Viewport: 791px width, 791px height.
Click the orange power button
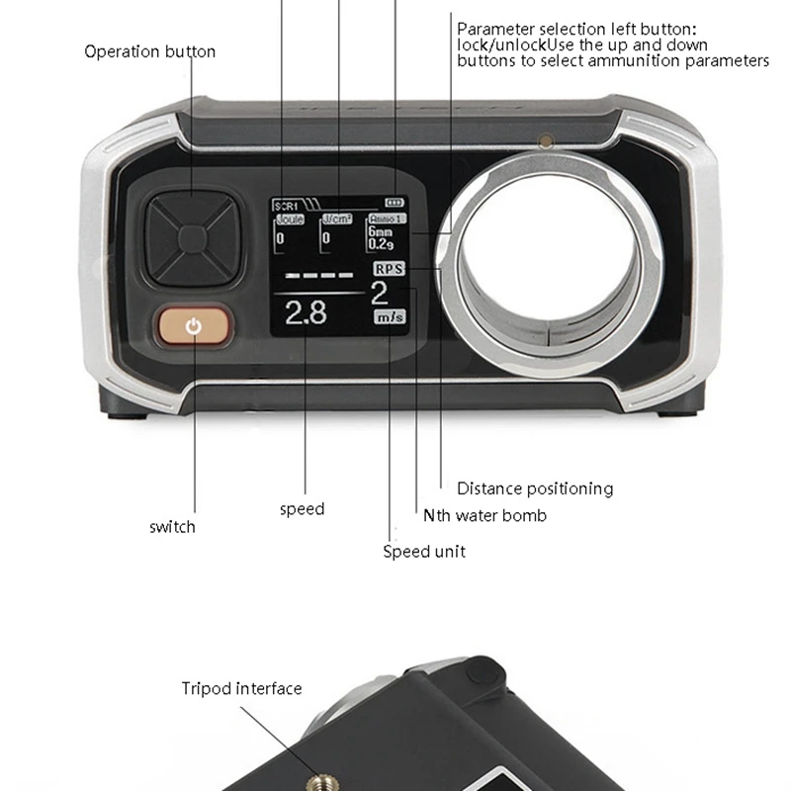tap(194, 326)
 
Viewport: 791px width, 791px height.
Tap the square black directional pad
tap(192, 237)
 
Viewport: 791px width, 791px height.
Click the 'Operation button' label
tap(149, 51)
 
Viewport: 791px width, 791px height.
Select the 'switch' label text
tap(172, 527)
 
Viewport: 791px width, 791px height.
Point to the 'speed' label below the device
tap(302, 509)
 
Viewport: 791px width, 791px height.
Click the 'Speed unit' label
tap(424, 551)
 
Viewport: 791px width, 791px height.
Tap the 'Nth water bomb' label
tap(484, 515)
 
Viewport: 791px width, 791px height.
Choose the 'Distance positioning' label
tap(534, 488)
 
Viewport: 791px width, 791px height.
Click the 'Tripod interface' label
tap(241, 688)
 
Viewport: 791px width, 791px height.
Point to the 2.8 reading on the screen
tap(306, 313)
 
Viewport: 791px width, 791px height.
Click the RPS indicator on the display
tap(389, 268)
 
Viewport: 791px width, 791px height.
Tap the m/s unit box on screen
tap(388, 317)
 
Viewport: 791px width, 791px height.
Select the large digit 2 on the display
tap(380, 293)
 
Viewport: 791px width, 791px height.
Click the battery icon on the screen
tap(395, 201)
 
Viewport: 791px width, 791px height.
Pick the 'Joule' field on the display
tap(290, 220)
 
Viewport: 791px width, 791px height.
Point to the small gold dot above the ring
tap(543, 141)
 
